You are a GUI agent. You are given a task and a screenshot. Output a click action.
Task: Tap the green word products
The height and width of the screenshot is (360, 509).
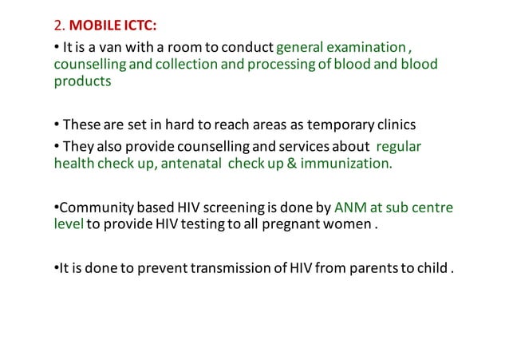click(x=82, y=81)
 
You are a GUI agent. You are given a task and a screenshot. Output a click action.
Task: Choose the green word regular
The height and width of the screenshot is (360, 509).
click(x=398, y=147)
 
